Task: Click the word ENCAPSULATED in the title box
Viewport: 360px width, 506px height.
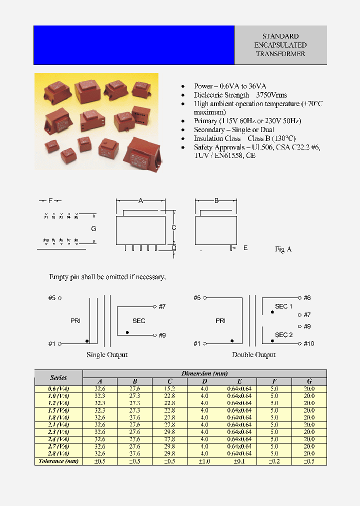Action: [x=280, y=45]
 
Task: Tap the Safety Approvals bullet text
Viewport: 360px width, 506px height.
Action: [x=256, y=147]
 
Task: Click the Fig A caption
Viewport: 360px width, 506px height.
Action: [x=283, y=249]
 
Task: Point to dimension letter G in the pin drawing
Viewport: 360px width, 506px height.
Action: [x=93, y=228]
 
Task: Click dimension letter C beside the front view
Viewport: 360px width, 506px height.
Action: [x=173, y=227]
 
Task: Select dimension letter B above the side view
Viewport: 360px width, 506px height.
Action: [x=216, y=200]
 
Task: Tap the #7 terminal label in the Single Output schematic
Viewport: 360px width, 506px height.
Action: [x=161, y=306]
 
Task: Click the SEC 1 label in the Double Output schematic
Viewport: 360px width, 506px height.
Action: [x=283, y=306]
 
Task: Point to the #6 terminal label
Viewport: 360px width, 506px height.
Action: [x=307, y=297]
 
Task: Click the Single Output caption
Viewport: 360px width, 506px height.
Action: [x=107, y=354]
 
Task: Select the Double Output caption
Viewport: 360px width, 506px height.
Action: [x=253, y=354]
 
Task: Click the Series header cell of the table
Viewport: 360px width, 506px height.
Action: [x=58, y=377]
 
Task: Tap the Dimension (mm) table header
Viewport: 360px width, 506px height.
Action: [x=204, y=373]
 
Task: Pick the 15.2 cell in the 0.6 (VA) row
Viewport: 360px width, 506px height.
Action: [x=170, y=388]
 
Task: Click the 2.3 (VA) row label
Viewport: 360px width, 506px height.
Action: [x=58, y=432]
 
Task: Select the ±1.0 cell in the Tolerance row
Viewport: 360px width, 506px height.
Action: [x=204, y=461]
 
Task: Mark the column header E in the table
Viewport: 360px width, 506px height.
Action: [x=239, y=381]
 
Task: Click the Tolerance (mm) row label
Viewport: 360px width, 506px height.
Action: [x=58, y=461]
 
